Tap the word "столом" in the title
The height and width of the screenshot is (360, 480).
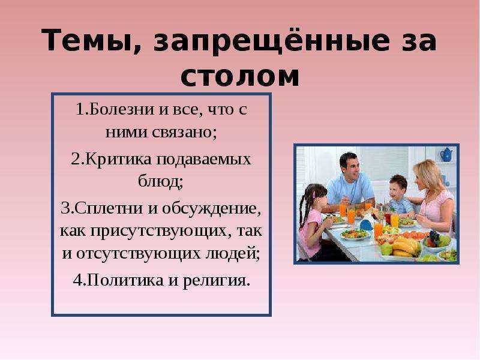point(239,77)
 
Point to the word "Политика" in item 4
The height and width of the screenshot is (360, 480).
point(125,280)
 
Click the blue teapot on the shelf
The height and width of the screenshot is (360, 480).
point(446,155)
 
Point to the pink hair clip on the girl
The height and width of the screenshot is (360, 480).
point(314,194)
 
